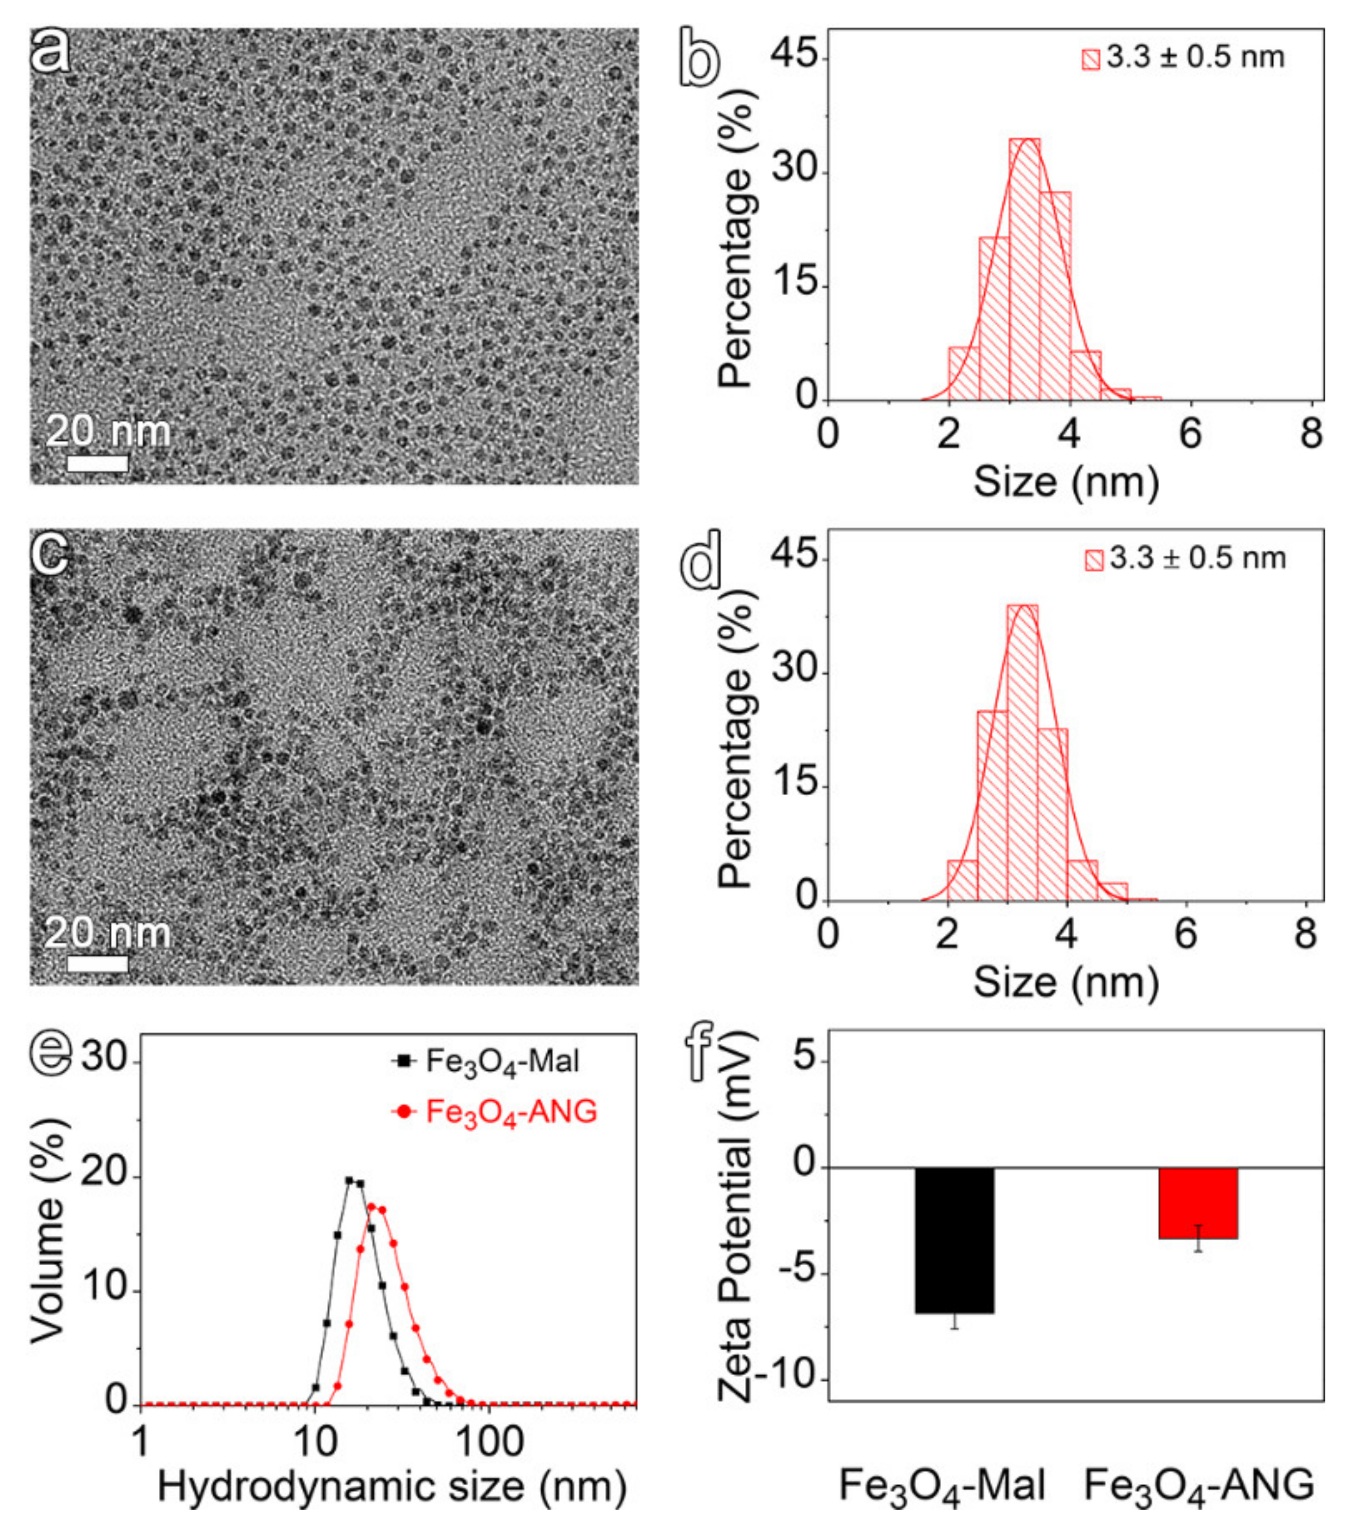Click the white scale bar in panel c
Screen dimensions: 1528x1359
97,964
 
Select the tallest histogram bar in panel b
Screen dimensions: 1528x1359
1024,269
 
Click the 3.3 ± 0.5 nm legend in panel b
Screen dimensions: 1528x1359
1184,58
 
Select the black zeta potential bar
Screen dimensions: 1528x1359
954,1240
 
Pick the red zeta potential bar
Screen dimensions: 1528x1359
1198,1203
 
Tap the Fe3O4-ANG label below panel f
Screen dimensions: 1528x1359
1198,1487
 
